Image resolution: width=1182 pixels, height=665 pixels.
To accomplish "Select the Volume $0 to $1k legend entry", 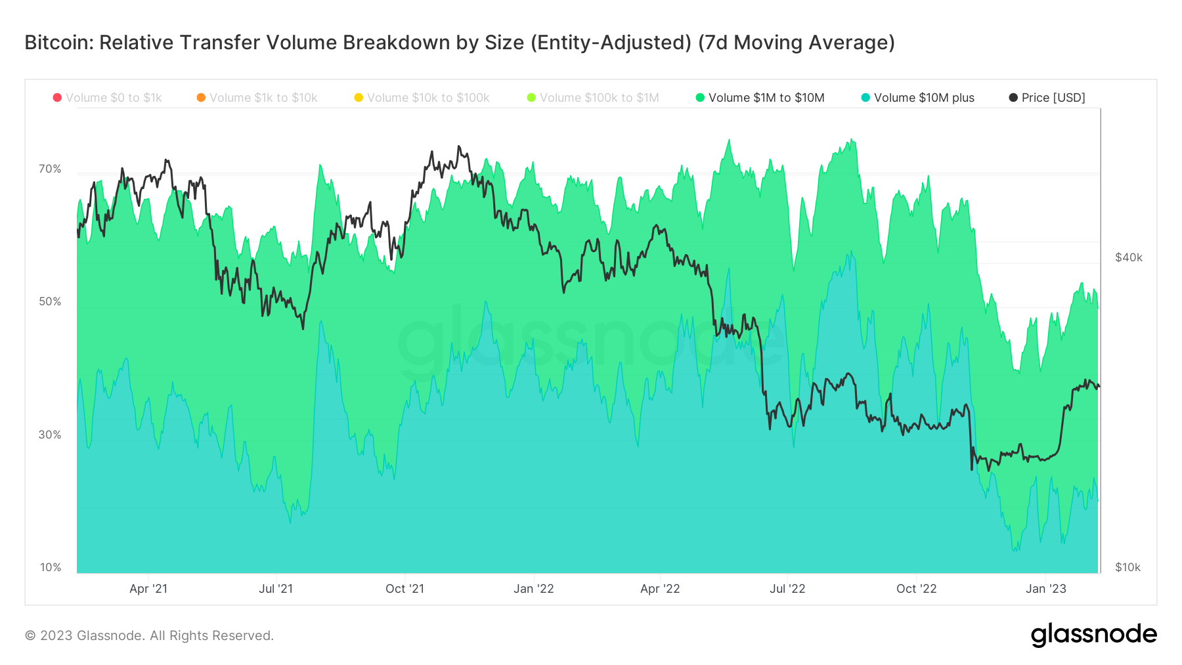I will tap(108, 98).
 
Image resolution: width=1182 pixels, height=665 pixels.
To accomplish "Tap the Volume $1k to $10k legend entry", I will tap(257, 98).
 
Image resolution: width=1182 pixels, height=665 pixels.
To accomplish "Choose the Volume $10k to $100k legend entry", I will tap(422, 98).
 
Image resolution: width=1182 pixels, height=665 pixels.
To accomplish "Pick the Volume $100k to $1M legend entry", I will tap(593, 98).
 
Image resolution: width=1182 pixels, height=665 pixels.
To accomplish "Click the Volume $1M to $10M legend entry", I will tap(760, 98).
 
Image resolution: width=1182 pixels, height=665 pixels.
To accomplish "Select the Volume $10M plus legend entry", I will tap(917, 98).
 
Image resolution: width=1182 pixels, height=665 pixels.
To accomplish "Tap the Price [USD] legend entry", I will tap(1047, 98).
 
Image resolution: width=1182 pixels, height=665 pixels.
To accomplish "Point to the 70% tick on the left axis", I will tap(50, 169).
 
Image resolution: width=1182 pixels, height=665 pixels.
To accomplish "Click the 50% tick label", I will tap(50, 302).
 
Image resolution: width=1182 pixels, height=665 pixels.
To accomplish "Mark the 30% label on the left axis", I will tap(50, 435).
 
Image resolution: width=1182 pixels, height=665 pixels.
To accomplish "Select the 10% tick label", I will tap(50, 567).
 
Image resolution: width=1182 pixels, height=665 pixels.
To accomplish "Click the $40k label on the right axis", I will tap(1129, 257).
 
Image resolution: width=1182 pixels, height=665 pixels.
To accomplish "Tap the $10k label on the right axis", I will tap(1127, 567).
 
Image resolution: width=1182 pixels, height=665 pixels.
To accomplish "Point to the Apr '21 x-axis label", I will tap(148, 589).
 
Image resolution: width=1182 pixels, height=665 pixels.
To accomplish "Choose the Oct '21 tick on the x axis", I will tap(405, 589).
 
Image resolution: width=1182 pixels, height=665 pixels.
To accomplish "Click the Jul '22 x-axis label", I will tap(787, 589).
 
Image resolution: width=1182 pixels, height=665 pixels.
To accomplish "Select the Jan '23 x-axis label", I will tap(1046, 589).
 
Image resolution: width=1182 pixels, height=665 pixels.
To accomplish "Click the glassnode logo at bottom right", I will tap(1093, 635).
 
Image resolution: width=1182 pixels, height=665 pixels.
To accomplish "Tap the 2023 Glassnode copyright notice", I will tap(149, 635).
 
